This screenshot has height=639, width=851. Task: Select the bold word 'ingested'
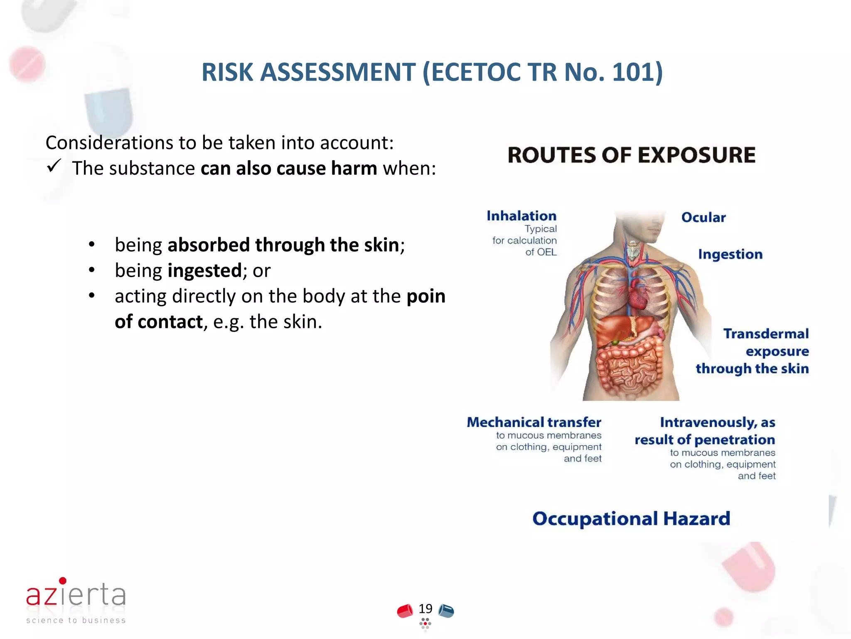pos(204,271)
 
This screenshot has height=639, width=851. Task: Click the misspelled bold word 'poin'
pos(425,296)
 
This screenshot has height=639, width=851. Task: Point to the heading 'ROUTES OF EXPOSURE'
pos(631,155)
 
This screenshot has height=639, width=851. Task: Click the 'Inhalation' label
pos(521,216)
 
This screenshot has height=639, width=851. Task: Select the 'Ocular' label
pos(703,217)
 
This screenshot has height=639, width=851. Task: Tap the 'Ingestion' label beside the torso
pos(730,254)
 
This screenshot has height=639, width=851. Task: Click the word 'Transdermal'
pos(766,334)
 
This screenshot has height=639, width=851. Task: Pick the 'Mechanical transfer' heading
pos(534,422)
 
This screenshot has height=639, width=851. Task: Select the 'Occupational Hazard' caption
pos(631,519)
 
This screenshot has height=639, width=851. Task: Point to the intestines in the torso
pos(630,366)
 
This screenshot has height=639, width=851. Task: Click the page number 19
pos(425,609)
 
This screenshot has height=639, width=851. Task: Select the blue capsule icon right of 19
pos(446,611)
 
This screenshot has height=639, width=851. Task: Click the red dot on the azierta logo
pos(63,580)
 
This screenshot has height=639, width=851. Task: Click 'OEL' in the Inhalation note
pos(546,252)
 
